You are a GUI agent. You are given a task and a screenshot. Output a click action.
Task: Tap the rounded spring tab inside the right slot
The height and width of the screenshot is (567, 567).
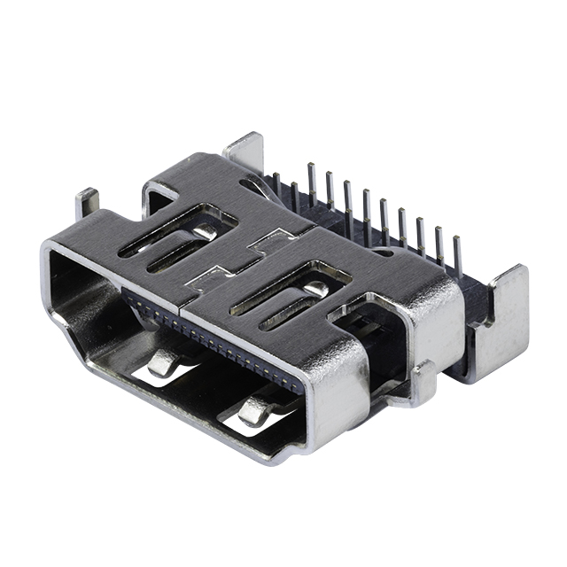316,289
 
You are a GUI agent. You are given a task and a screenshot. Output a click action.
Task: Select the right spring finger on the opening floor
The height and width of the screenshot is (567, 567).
255,409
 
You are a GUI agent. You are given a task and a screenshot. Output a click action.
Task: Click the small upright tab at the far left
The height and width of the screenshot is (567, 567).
86,202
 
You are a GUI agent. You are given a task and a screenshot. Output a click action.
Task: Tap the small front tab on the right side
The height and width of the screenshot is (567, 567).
423,381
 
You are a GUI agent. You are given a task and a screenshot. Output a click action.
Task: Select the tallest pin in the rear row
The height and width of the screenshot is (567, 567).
311,182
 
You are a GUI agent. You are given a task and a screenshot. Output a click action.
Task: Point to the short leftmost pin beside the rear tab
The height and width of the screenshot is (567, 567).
276,184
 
